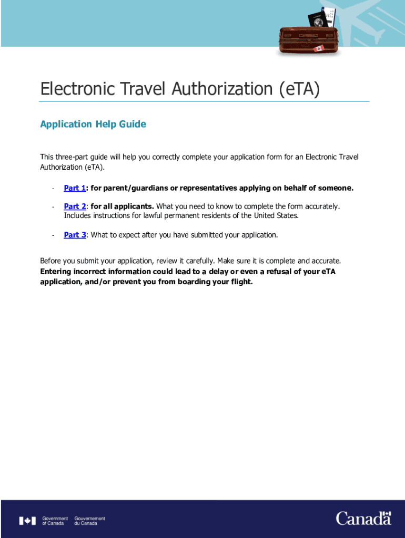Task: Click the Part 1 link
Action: (75, 188)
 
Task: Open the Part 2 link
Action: (75, 206)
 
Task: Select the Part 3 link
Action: (75, 235)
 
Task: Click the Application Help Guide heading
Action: (93, 124)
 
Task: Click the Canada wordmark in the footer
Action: (363, 519)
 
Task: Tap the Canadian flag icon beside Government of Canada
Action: (27, 521)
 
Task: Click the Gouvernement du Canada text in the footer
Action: (89, 521)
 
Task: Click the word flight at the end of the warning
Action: (241, 282)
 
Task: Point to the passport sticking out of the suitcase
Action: (318, 20)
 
